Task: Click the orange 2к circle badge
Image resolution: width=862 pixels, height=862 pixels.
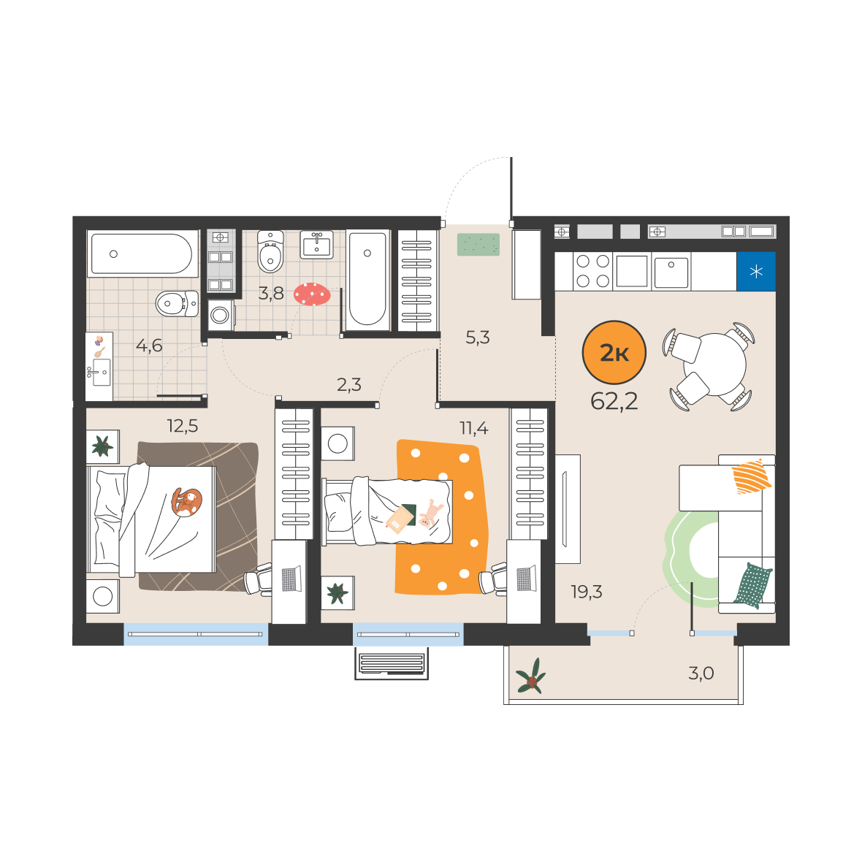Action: click(x=614, y=352)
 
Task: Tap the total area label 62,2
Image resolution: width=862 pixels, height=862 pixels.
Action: click(x=614, y=402)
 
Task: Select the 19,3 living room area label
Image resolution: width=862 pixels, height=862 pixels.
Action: click(x=587, y=592)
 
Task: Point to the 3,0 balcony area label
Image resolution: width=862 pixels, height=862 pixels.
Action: click(x=701, y=673)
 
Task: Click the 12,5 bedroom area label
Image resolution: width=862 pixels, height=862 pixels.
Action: click(x=183, y=426)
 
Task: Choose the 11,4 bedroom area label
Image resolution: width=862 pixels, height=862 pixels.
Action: click(x=474, y=427)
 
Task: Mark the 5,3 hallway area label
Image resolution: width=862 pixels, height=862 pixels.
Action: click(x=478, y=337)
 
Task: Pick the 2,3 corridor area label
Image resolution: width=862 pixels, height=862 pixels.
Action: click(x=349, y=384)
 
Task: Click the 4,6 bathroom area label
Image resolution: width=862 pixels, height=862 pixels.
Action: click(x=149, y=346)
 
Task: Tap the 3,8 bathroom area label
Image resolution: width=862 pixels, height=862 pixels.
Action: click(x=271, y=293)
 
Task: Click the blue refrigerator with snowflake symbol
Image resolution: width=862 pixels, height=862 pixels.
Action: click(x=756, y=271)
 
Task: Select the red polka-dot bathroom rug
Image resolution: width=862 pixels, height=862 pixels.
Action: click(x=312, y=294)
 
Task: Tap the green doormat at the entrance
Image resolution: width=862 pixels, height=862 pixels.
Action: click(x=478, y=245)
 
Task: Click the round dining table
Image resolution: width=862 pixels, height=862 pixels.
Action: click(x=714, y=364)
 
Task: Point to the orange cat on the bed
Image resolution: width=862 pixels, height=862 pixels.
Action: click(x=186, y=501)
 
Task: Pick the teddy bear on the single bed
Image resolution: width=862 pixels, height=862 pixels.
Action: click(x=430, y=514)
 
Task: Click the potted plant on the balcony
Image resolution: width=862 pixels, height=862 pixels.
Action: click(x=531, y=676)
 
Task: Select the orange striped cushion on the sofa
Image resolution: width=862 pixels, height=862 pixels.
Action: click(x=752, y=476)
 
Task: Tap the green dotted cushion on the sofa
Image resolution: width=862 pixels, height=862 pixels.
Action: click(x=753, y=585)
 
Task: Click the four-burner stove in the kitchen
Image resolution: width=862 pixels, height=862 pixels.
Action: click(x=593, y=271)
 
